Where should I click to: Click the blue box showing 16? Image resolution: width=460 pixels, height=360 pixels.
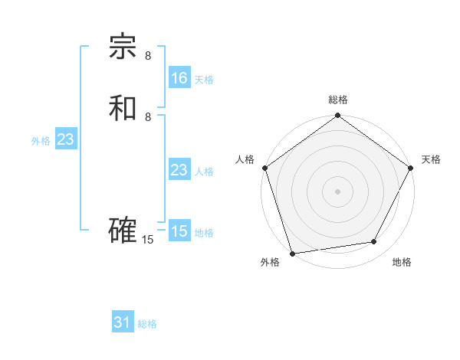point(179,78)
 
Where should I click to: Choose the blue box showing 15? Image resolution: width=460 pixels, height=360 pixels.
point(179,231)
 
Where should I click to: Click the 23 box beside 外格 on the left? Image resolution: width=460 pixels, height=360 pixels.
point(65,139)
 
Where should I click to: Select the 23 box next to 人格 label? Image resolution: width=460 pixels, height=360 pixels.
point(179,170)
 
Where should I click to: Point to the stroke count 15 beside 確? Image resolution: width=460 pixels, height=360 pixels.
point(148,240)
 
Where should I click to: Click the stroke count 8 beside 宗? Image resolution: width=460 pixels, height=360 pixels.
point(148,56)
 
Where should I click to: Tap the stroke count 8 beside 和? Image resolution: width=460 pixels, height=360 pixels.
point(148,117)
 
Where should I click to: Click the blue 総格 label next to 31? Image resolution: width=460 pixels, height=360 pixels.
point(147,324)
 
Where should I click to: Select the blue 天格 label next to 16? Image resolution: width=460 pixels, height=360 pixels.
point(204,80)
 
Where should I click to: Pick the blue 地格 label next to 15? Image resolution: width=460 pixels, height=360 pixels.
point(204,233)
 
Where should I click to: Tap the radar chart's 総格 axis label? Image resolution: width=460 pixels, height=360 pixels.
point(338,100)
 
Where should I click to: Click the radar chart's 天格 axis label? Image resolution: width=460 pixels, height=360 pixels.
point(431,159)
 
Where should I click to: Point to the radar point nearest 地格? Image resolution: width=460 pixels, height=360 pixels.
point(374,242)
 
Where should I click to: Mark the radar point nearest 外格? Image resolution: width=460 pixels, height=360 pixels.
point(293,252)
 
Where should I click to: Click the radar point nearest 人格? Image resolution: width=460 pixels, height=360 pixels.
point(264,168)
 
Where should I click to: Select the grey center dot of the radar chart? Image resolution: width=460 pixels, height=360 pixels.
point(338,191)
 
